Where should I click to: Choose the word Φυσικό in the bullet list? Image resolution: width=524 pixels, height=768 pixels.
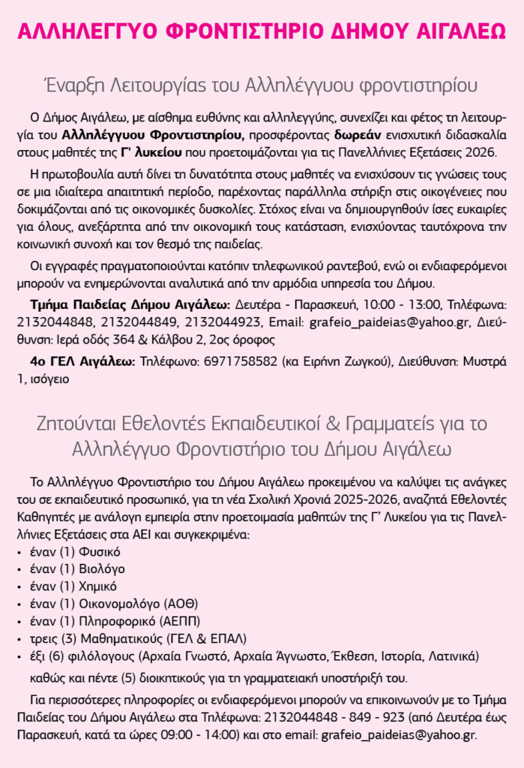[95, 552]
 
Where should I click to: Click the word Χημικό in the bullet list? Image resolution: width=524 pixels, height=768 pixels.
[94, 586]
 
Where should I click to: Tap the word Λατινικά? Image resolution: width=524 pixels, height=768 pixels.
[450, 656]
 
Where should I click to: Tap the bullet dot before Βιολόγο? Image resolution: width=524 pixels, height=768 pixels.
[19, 570]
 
